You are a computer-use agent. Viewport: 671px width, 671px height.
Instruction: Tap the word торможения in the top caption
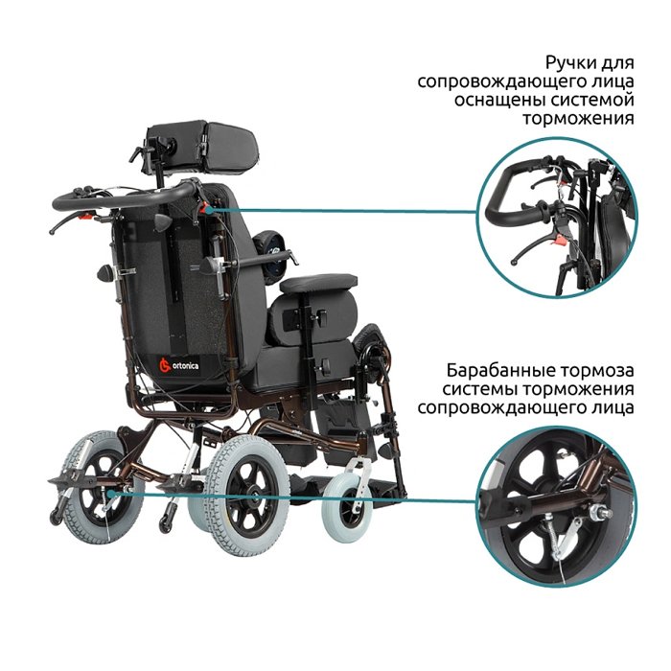578,118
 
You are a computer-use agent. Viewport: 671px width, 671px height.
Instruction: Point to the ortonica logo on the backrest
179,366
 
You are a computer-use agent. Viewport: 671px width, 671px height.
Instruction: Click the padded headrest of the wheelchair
202,147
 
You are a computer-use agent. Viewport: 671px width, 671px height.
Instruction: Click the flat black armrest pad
318,284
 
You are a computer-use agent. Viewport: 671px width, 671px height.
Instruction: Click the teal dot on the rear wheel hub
111,494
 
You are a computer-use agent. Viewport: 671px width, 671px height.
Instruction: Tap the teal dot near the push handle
208,210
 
